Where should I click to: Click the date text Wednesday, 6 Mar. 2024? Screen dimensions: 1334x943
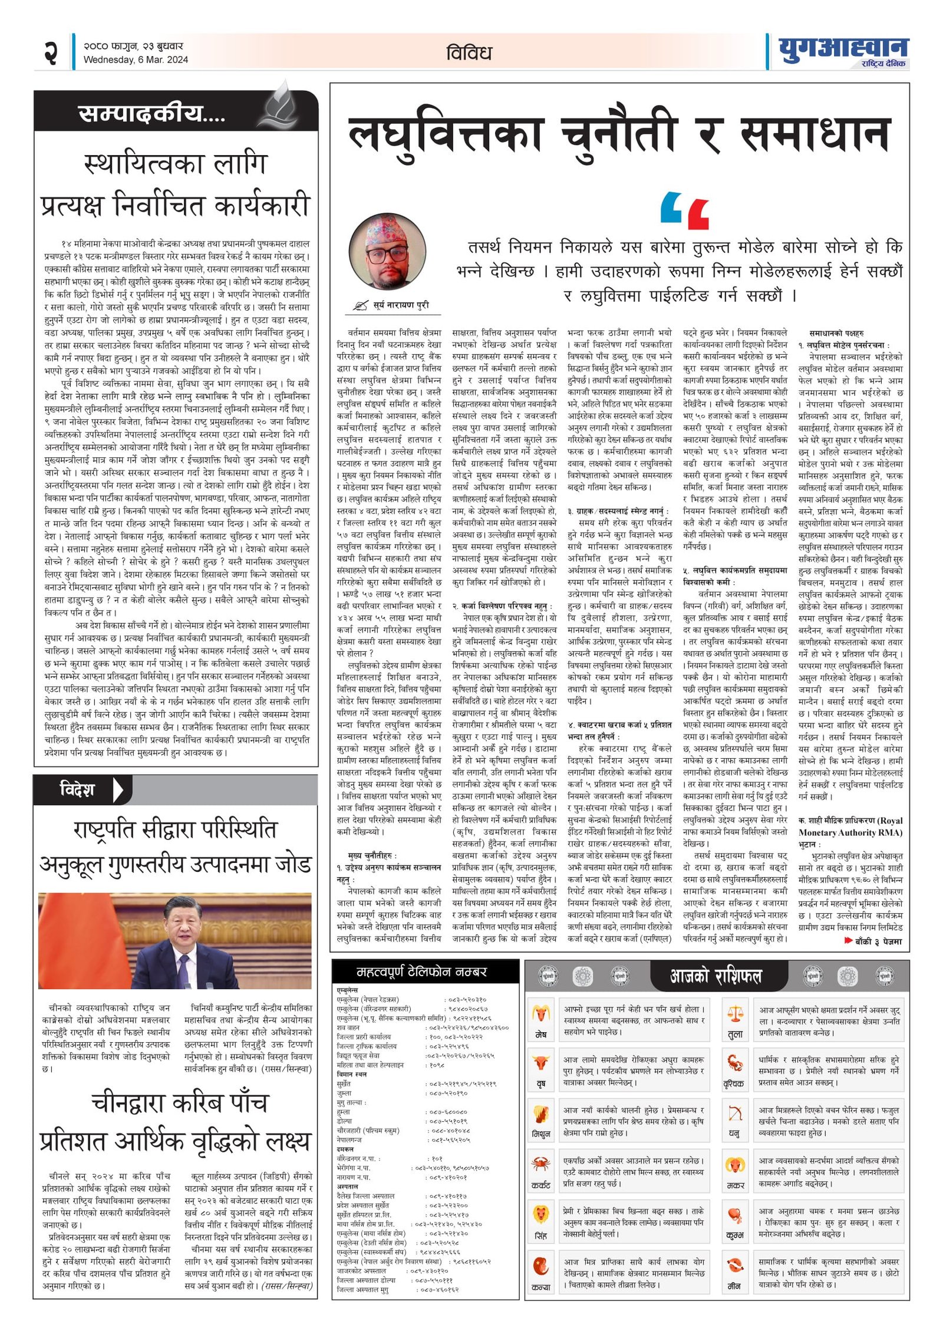(136, 60)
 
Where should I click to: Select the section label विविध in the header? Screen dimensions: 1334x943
(469, 53)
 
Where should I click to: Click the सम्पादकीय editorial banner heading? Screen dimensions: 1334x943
(151, 114)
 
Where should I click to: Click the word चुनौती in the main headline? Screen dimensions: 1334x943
(617, 135)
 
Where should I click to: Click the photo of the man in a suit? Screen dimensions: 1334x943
(175, 941)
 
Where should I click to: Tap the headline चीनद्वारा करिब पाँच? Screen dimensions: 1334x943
(179, 1102)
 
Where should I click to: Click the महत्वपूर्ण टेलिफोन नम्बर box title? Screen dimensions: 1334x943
(421, 971)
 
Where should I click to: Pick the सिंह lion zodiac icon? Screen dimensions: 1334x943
(540, 1215)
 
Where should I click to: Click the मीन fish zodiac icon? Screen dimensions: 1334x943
(735, 1265)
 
